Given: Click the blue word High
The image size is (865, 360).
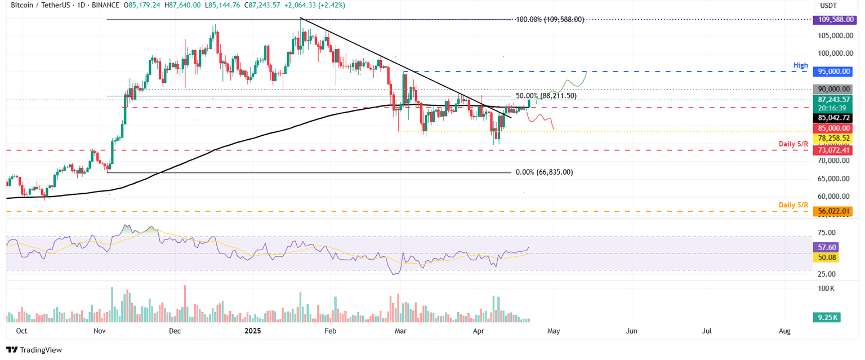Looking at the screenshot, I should point(800,65).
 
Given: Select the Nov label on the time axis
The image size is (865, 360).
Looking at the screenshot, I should point(100,331).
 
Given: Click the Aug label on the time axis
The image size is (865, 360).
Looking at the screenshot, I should point(784,331).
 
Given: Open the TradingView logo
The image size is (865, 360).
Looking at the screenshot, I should point(34,350).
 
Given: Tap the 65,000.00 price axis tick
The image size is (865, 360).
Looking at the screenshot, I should point(834,179).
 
